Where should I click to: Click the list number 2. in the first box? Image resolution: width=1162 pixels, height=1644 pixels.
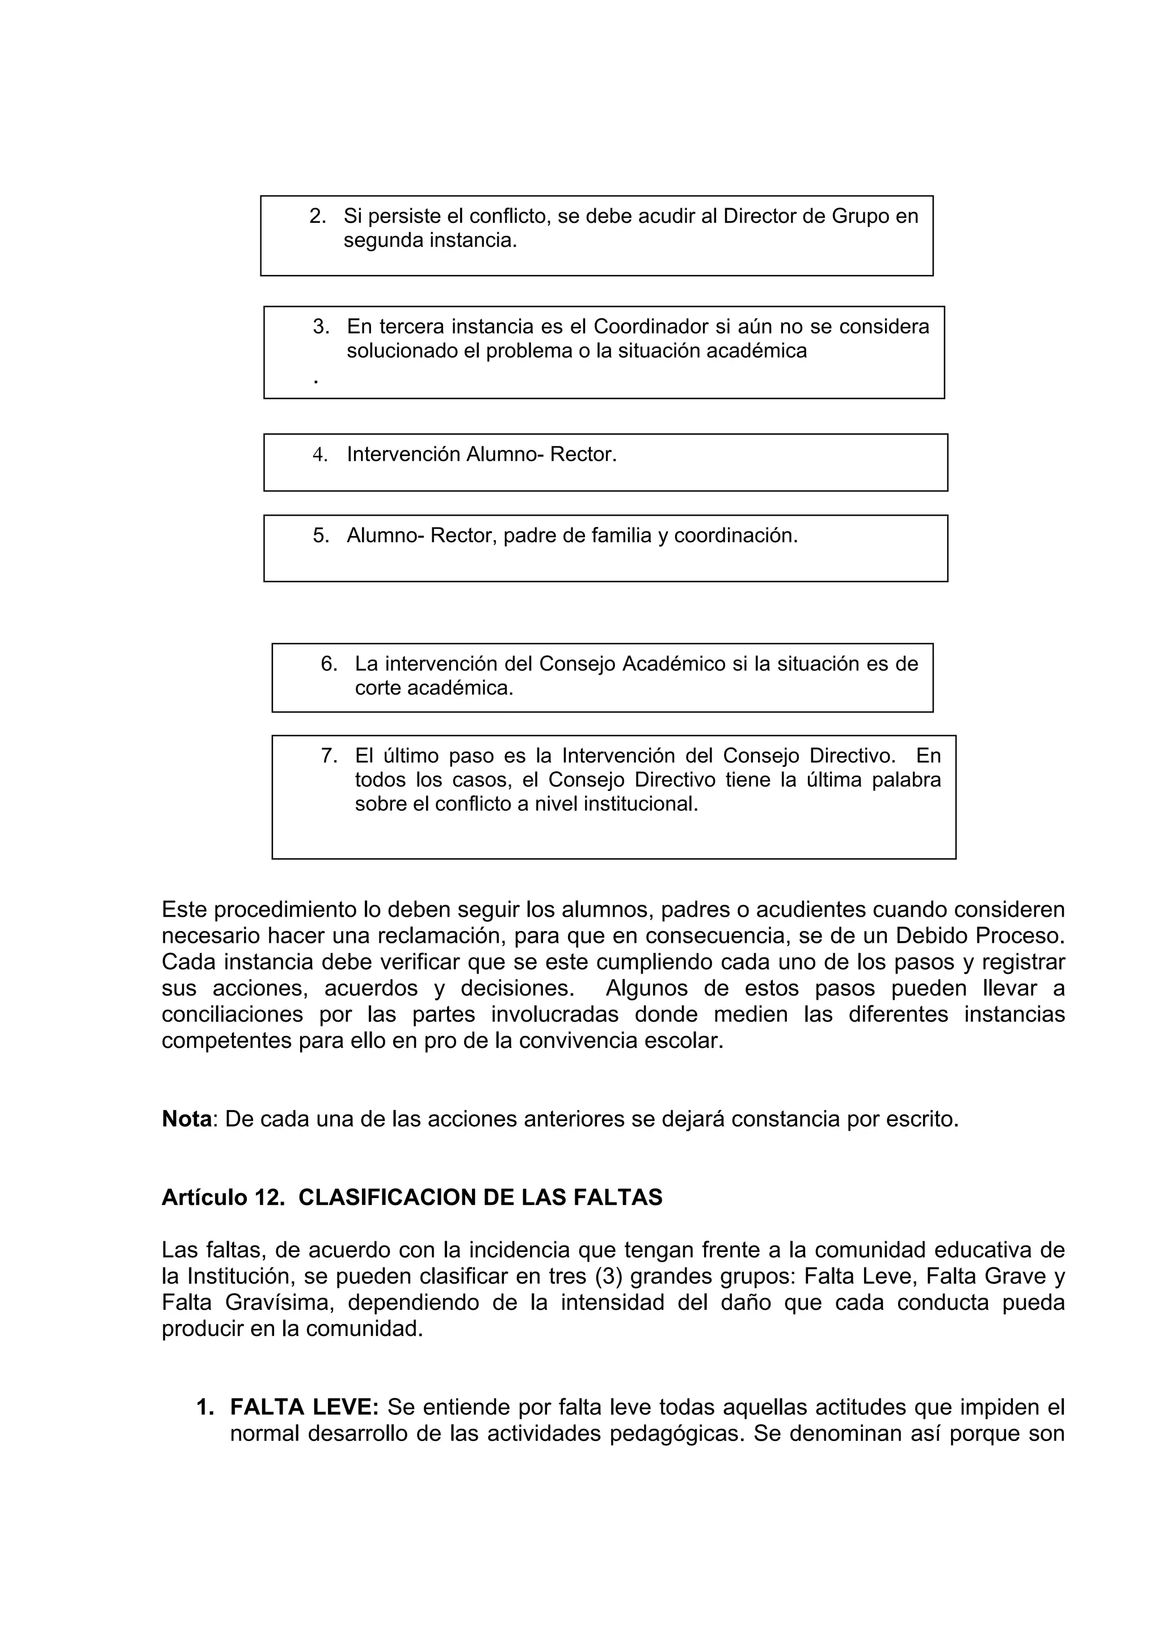[x=317, y=216]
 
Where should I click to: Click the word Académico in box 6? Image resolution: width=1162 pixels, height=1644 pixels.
[x=673, y=664]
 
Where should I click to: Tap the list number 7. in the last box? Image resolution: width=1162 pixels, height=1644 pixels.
[x=329, y=756]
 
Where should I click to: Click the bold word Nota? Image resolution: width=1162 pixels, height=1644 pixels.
[x=187, y=1119]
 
